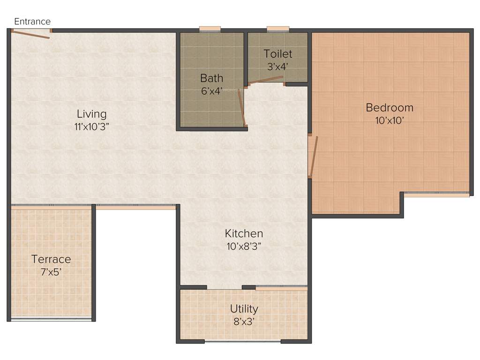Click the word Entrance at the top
click(x=32, y=22)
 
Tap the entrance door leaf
click(x=30, y=34)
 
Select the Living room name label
click(x=92, y=114)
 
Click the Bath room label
click(x=211, y=78)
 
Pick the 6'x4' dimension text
click(x=211, y=91)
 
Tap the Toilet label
click(x=278, y=53)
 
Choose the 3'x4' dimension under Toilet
click(x=278, y=67)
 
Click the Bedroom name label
click(x=390, y=107)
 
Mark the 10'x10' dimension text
click(x=390, y=120)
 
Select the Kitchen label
click(x=244, y=233)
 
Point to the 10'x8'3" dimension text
click(x=244, y=246)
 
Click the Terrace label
click(x=51, y=259)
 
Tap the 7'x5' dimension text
click(x=51, y=271)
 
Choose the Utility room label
click(x=244, y=309)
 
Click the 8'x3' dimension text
click(x=244, y=322)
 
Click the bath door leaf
click(x=241, y=108)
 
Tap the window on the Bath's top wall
click(x=210, y=30)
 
